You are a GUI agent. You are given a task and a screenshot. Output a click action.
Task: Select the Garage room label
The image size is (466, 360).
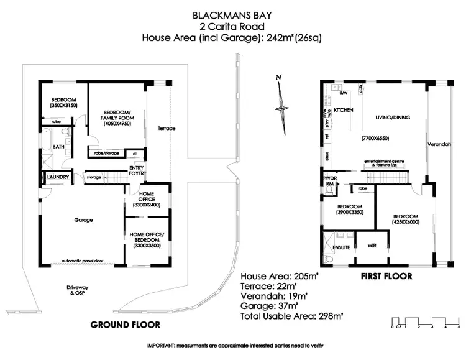tap(83, 220)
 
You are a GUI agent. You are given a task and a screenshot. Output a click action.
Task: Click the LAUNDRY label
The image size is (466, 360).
tap(57, 177)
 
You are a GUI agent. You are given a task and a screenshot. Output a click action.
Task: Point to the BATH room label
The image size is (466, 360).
tap(58, 147)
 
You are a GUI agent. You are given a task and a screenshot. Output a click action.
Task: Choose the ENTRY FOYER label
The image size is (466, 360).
tap(137, 170)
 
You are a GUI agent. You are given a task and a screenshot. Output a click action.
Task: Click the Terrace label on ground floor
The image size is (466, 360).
tap(167, 129)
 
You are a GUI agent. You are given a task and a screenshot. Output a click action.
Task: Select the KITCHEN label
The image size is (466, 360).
tap(344, 109)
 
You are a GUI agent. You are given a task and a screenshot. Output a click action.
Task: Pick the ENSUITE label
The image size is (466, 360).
tap(341, 247)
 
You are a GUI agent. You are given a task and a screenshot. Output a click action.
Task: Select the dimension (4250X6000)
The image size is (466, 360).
tap(406, 222)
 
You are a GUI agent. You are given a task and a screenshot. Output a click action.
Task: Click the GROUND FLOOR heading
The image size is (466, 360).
tap(126, 325)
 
